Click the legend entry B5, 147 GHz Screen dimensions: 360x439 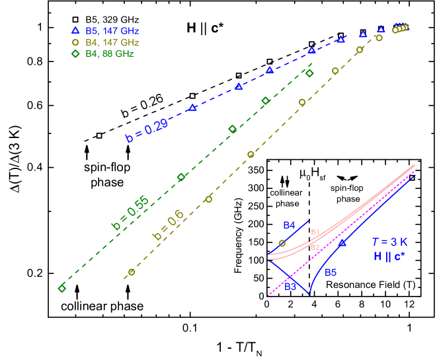(112, 31)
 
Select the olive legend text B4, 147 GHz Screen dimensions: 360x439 (112, 42)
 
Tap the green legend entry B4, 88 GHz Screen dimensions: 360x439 (109, 54)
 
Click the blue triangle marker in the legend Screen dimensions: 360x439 (75, 30)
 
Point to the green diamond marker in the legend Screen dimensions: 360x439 (75, 54)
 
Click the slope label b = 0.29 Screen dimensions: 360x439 (147, 131)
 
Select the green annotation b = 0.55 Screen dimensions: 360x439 (130, 213)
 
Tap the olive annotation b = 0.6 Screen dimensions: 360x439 (168, 225)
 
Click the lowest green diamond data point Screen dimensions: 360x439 (62, 289)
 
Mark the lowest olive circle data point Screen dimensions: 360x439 (132, 272)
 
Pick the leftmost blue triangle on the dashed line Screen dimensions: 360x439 (192, 108)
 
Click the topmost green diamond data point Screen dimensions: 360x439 (309, 73)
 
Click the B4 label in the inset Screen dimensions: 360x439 (289, 225)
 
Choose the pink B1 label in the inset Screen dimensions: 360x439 (315, 232)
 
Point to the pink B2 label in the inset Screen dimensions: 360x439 (315, 247)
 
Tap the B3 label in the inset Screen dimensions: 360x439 (290, 287)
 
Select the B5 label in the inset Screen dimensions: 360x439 (331, 272)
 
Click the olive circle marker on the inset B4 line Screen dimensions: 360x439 (282, 243)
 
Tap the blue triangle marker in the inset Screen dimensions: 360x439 (342, 243)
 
